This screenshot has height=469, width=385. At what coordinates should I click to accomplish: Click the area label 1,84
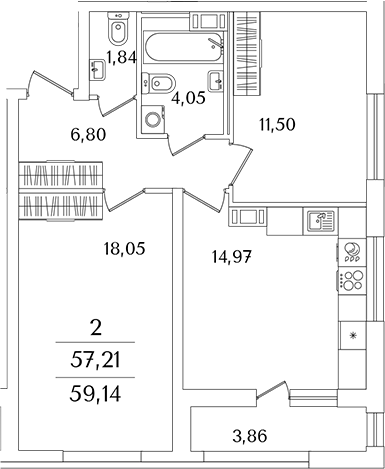click(x=122, y=58)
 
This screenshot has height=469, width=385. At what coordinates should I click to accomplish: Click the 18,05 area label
click(x=126, y=249)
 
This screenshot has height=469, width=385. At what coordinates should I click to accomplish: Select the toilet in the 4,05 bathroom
click(x=164, y=82)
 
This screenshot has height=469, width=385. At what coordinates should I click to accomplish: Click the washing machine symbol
click(x=153, y=119)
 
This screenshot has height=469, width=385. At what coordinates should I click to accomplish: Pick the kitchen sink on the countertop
click(x=319, y=218)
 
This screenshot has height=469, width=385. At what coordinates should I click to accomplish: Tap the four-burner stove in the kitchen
click(x=351, y=282)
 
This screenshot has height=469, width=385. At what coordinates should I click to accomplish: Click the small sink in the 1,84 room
click(x=97, y=67)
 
